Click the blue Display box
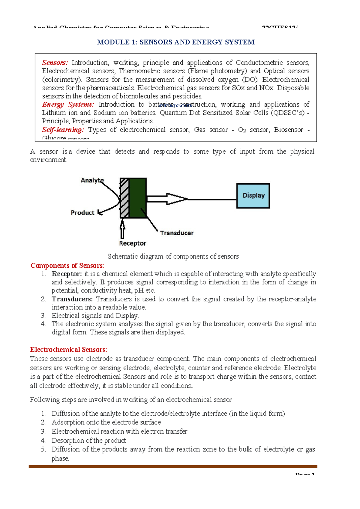click(253, 196)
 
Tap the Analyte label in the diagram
click(92, 180)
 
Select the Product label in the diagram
click(82, 213)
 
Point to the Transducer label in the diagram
click(176, 233)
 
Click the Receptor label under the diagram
click(132, 243)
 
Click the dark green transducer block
click(138, 197)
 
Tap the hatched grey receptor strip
click(124, 197)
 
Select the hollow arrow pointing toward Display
click(167, 199)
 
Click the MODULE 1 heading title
click(176, 42)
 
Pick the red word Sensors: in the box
click(55, 63)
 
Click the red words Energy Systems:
click(68, 104)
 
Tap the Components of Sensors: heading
click(67, 266)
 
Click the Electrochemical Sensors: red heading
click(68, 350)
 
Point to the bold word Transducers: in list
click(72, 299)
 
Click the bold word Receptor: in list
click(67, 274)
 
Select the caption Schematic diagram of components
click(173, 256)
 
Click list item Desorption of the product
click(89, 440)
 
